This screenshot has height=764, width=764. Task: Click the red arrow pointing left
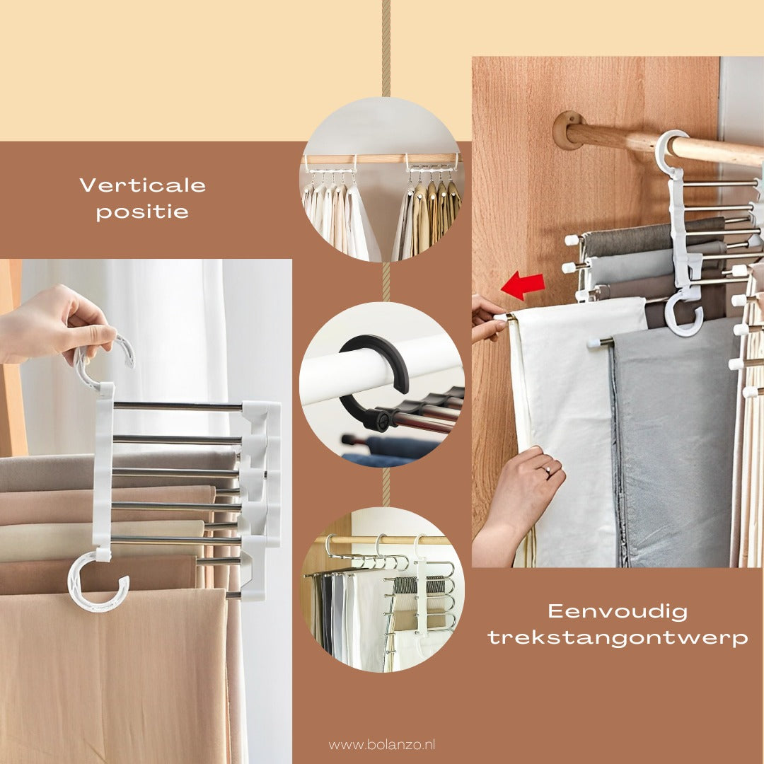tap(523, 286)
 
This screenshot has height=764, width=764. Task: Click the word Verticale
tap(142, 185)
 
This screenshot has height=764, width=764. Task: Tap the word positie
tap(142, 213)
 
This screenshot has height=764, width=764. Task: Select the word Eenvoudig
tap(618, 611)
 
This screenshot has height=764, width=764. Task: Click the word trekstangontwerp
tap(618, 638)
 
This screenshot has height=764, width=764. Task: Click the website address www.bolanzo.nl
tap(381, 744)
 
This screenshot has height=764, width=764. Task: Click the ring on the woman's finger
tap(547, 469)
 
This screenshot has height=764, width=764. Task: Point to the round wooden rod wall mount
tap(565, 130)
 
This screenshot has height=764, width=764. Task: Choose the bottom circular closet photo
tap(382, 589)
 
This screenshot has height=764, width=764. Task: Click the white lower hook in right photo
tap(684, 316)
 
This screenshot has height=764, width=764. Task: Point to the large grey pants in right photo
tap(672, 446)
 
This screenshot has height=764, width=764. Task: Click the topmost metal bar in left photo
tap(177, 407)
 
